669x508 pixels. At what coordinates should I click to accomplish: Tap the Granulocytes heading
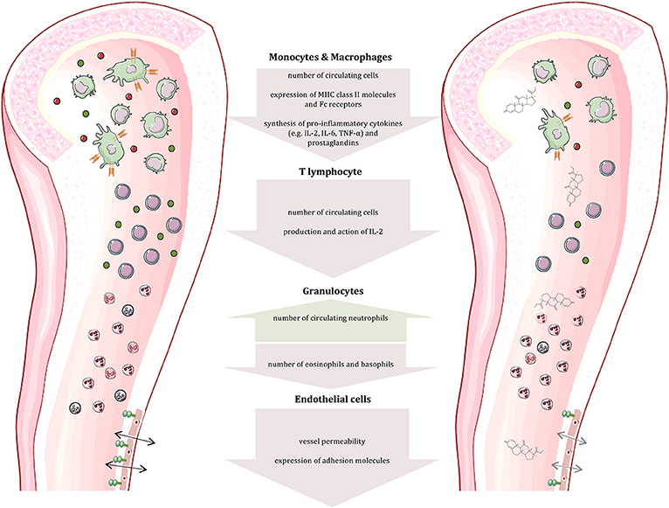334,287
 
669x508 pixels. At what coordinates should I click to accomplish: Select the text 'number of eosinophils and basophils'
334,358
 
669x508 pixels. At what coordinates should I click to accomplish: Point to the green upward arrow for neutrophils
334,310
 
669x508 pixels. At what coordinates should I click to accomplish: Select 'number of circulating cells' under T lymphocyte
334,212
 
